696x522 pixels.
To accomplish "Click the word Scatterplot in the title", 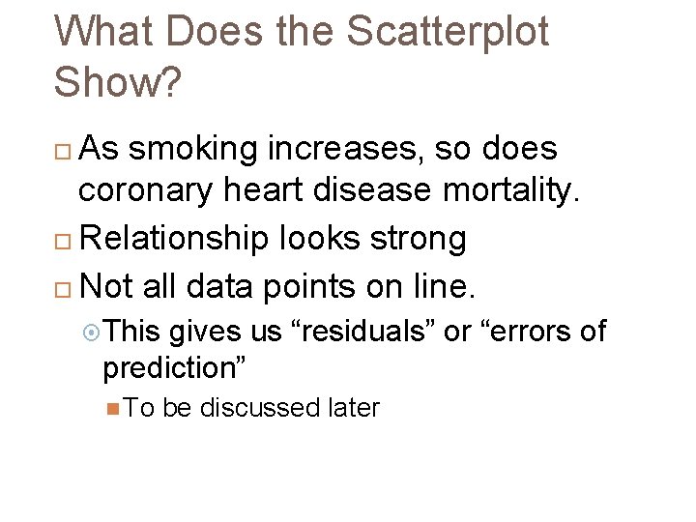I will (x=447, y=32).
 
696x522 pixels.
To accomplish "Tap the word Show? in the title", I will (x=117, y=82).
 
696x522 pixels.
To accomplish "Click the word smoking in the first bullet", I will (x=192, y=150).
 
